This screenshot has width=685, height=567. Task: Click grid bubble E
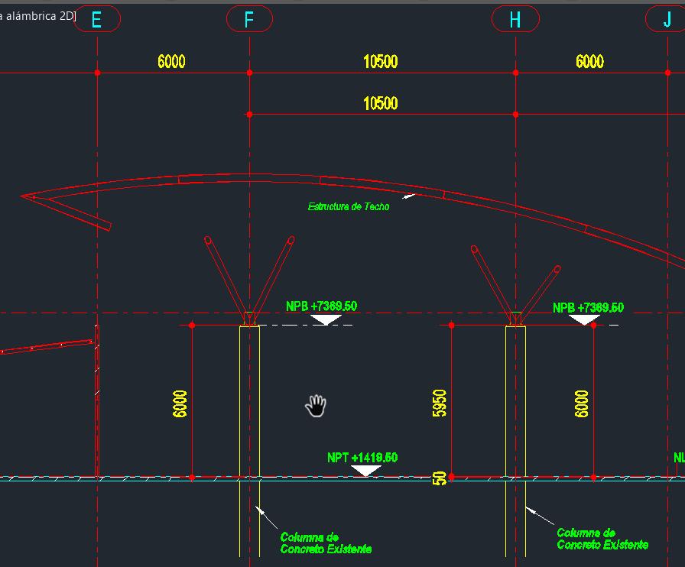97,19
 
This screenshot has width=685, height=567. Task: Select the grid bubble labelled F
249,19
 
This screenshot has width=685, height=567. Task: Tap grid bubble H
515,19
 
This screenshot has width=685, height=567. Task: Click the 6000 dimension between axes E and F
171,62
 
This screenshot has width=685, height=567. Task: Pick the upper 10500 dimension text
380,62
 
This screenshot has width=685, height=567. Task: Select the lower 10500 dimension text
380,103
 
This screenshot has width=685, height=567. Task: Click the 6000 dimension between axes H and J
589,62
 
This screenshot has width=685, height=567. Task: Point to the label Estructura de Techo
348,206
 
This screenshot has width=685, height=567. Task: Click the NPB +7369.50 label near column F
321,306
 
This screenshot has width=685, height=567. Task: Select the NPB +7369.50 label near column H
588,308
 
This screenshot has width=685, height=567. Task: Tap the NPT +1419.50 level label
362,458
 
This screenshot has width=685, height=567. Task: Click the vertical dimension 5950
440,403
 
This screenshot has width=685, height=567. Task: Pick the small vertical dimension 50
440,478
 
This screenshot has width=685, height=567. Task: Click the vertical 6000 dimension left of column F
180,403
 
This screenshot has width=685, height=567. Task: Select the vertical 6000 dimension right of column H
582,403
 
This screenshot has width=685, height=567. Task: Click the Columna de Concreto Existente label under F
326,543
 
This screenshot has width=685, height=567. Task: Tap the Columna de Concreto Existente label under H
602,539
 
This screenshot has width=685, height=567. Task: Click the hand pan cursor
316,406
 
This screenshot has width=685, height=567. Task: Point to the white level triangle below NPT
365,470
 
